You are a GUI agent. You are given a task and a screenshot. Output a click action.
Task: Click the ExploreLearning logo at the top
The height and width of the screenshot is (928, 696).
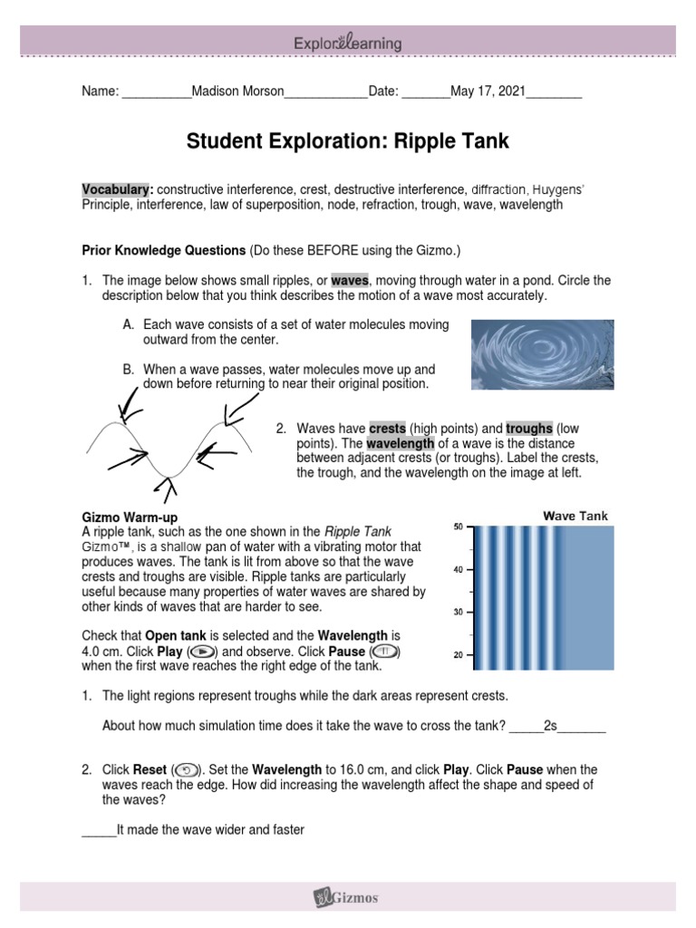point(347,43)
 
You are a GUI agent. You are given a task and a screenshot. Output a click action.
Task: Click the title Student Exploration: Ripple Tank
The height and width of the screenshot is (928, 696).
point(348,141)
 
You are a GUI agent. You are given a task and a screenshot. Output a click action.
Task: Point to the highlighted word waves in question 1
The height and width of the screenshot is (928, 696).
point(350,281)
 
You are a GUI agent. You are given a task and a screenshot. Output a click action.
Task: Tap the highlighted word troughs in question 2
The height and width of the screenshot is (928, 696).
point(528,428)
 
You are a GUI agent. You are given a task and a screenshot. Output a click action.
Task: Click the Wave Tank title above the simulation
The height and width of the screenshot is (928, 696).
point(575,517)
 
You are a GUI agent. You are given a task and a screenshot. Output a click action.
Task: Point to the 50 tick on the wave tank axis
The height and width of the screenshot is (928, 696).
point(458,527)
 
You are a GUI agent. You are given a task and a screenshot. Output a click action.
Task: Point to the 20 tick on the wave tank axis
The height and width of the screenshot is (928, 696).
point(458,654)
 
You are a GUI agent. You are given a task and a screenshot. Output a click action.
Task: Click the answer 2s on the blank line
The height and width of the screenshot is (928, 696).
point(549,726)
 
